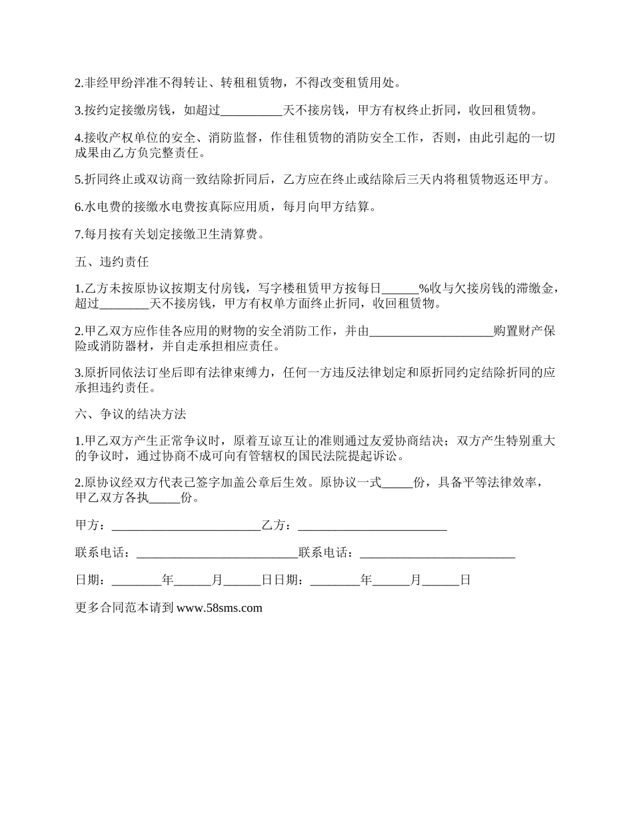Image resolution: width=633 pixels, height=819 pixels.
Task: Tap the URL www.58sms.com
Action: pyautogui.click(x=220, y=607)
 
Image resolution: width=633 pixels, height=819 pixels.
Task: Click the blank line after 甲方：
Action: pyautogui.click(x=186, y=526)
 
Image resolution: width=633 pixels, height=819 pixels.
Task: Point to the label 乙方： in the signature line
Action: pyautogui.click(x=279, y=526)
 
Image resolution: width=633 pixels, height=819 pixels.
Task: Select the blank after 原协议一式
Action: pyautogui.click(x=398, y=483)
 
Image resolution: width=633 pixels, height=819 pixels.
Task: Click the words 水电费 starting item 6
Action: pyautogui.click(x=102, y=207)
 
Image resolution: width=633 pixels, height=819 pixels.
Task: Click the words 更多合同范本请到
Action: pyautogui.click(x=125, y=607)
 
